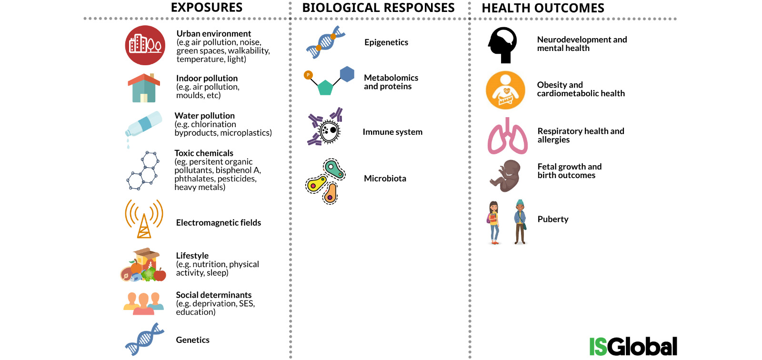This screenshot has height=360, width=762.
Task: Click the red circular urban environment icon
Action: (x=145, y=45)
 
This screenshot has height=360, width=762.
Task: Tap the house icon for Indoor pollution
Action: (x=144, y=88)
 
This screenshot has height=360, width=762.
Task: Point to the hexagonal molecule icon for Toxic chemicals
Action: (x=143, y=170)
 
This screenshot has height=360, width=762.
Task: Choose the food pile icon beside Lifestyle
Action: (x=143, y=265)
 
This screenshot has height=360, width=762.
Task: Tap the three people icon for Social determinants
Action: (x=143, y=303)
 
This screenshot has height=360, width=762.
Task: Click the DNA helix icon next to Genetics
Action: (x=145, y=339)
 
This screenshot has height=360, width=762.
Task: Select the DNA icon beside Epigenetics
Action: (x=326, y=42)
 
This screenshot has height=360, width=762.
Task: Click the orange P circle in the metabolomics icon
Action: (x=308, y=75)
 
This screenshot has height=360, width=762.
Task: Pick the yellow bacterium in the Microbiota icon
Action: (x=316, y=184)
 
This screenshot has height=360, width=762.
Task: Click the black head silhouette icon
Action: (x=502, y=45)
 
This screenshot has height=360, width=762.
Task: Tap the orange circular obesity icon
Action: (x=505, y=90)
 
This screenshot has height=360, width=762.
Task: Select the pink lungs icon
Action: (x=508, y=136)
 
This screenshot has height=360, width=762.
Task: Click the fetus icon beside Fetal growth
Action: (x=505, y=176)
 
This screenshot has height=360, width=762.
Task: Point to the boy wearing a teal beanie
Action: (x=520, y=222)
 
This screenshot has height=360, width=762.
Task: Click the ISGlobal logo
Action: (x=633, y=346)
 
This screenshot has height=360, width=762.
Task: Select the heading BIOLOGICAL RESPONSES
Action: (x=378, y=8)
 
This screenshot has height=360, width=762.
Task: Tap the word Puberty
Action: (x=553, y=220)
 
